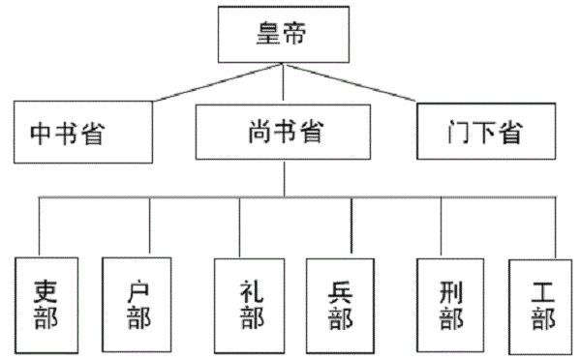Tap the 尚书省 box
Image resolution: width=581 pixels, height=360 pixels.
pyautogui.click(x=283, y=131)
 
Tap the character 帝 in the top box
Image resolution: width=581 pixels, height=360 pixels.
pyautogui.click(x=298, y=34)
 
